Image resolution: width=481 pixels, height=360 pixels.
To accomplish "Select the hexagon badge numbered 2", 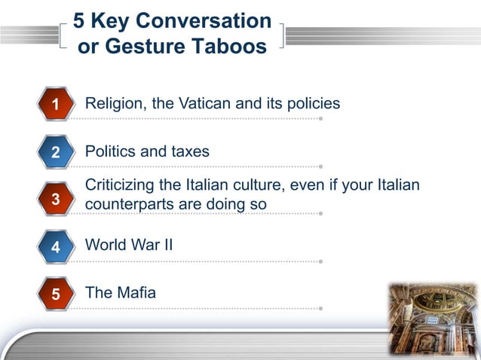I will click(x=55, y=152).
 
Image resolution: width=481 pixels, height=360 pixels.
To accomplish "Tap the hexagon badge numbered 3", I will click(x=55, y=199).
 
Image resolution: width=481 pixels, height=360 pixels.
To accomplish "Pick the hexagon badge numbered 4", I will click(x=55, y=246).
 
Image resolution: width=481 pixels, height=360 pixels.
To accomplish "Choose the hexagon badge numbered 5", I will click(x=55, y=294).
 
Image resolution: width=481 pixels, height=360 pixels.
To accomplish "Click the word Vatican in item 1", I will click(x=205, y=103).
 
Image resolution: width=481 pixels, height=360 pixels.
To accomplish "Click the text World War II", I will click(x=129, y=245).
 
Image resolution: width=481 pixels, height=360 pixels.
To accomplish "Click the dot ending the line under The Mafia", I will click(x=320, y=308).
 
